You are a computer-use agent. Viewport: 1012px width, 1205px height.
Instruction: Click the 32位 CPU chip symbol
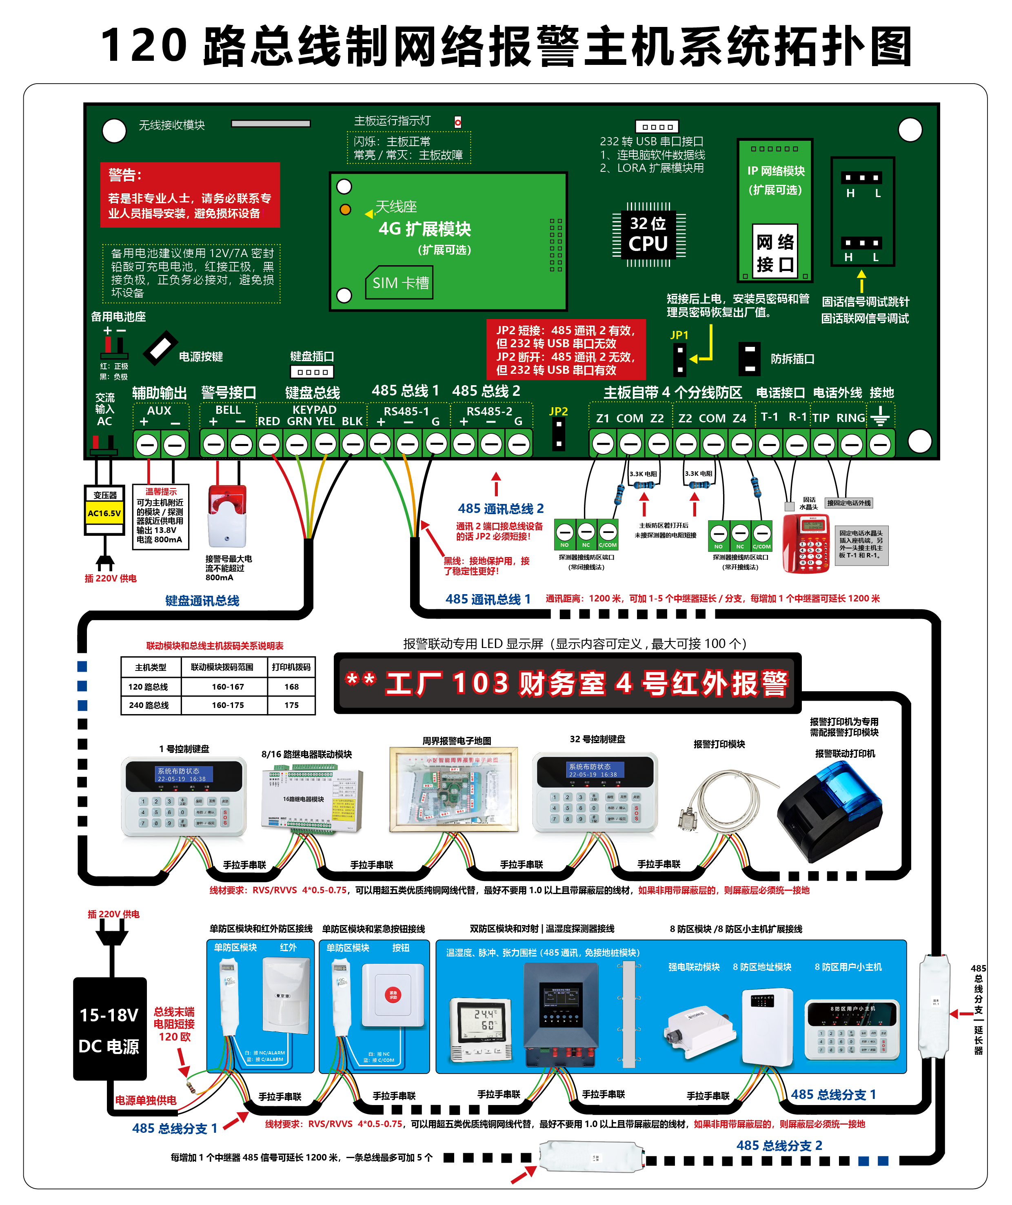(x=648, y=234)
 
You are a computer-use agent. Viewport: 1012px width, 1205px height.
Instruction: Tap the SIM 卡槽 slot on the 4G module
(x=400, y=283)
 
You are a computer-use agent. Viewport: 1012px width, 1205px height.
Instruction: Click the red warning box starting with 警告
(x=190, y=195)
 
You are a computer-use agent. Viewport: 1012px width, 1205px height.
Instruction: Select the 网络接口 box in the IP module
(x=775, y=253)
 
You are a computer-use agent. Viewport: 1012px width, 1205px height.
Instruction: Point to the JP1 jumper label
(x=679, y=335)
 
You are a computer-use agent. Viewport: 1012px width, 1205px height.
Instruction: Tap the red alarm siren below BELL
(x=227, y=517)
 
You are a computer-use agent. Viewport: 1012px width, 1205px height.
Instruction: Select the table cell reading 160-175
(x=228, y=705)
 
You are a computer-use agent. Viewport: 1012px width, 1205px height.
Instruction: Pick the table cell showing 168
(x=291, y=687)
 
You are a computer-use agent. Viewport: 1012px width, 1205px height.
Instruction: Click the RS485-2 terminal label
(x=489, y=411)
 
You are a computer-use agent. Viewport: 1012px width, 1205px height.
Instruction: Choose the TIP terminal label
(x=821, y=418)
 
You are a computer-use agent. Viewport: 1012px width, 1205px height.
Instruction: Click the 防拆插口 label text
(x=792, y=359)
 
